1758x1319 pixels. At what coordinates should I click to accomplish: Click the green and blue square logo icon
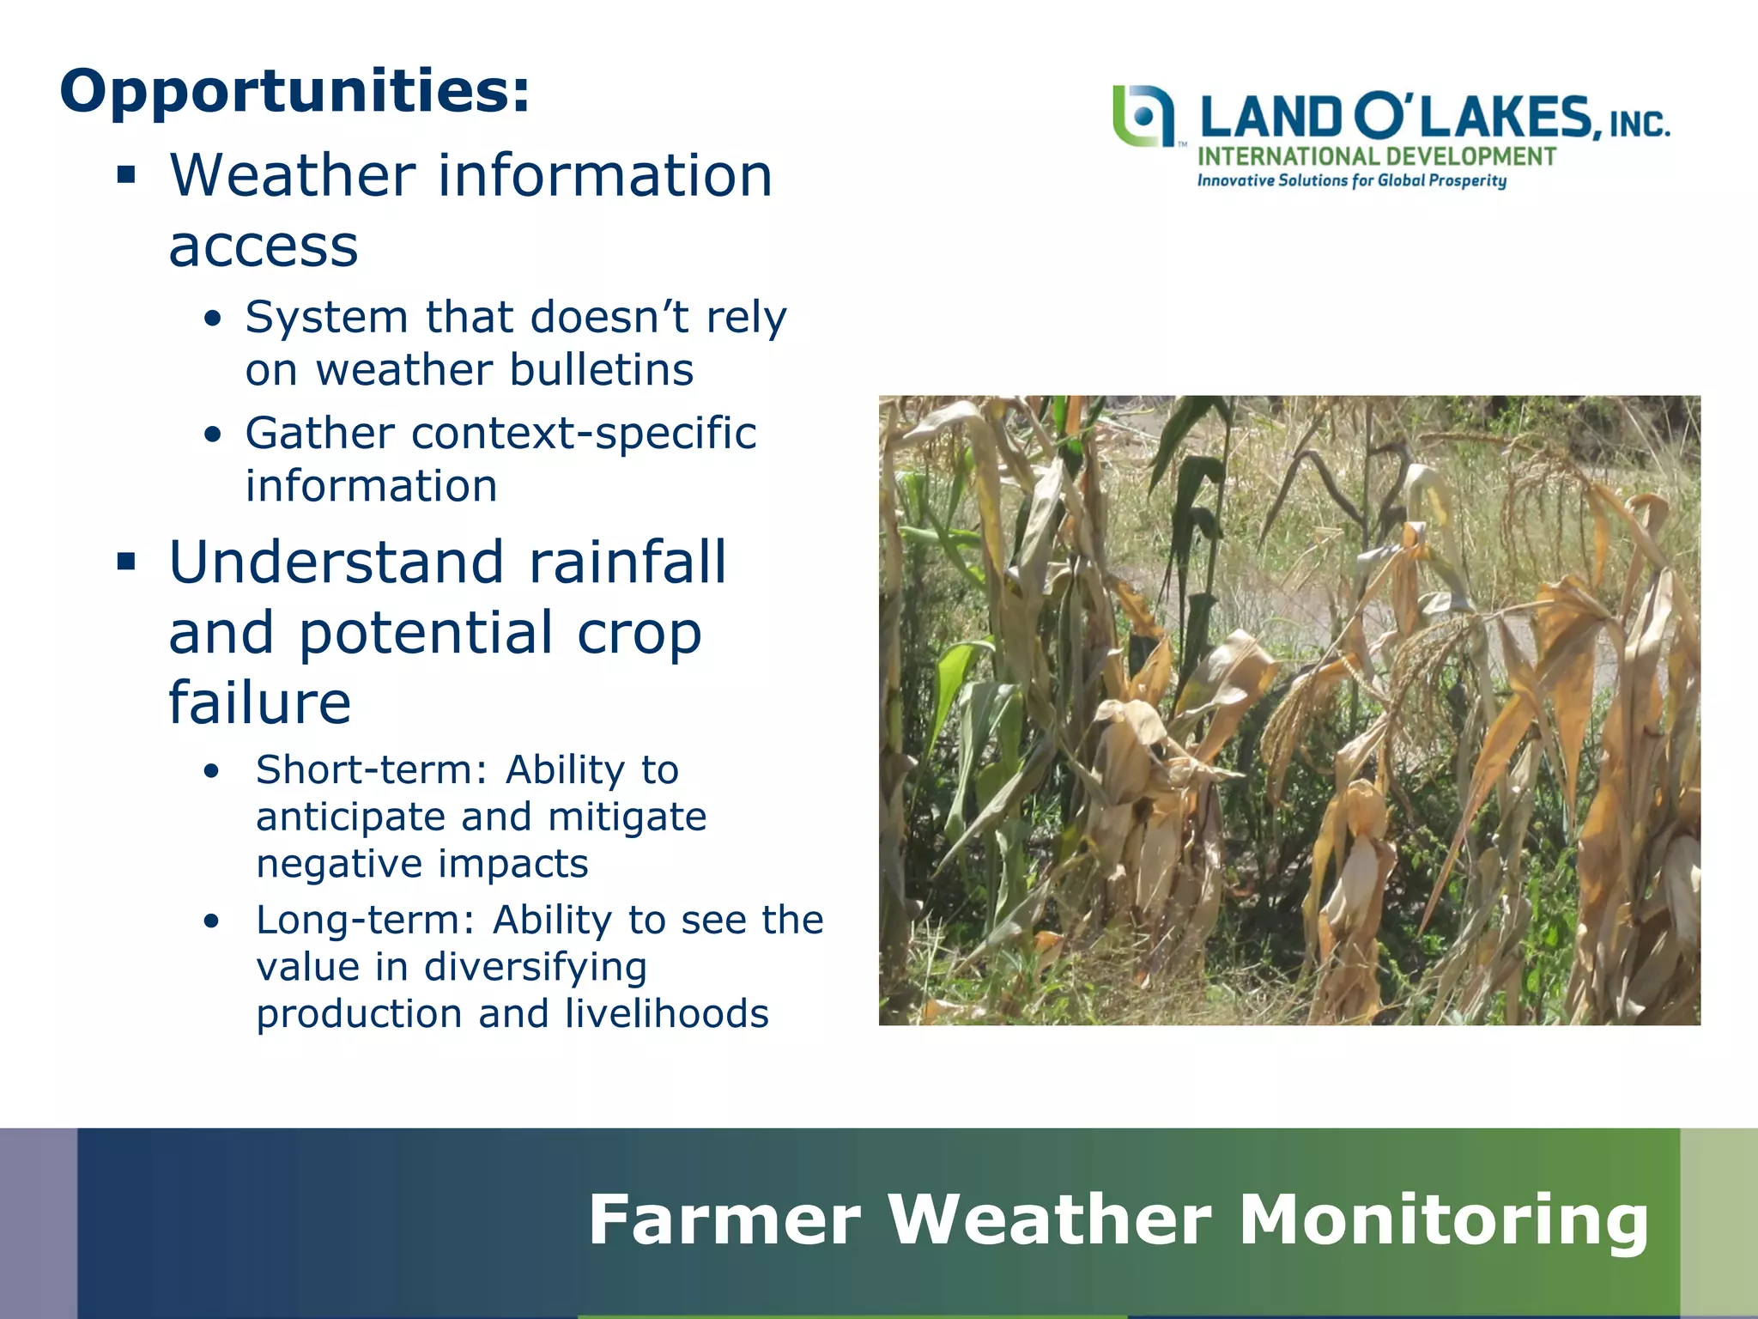tap(1143, 116)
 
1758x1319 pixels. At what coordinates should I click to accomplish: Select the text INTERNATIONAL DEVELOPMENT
tap(1376, 157)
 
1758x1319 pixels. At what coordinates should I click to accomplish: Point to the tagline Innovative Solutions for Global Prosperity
tap(1352, 181)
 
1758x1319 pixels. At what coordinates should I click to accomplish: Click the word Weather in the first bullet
tap(291, 175)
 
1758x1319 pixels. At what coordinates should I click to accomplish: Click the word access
tap(263, 246)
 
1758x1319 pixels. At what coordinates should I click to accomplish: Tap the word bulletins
tap(601, 371)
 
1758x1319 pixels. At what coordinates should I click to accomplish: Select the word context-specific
tap(584, 433)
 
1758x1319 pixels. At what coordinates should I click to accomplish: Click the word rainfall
tap(627, 562)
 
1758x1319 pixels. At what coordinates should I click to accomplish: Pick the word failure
tap(259, 702)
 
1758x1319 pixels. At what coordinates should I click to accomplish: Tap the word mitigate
tap(627, 817)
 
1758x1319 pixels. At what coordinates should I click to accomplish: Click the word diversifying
tap(535, 968)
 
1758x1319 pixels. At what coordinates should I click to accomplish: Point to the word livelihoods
tap(666, 1014)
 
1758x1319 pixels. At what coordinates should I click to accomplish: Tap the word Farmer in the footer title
tap(724, 1220)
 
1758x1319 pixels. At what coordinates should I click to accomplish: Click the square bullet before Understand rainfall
tap(127, 563)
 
